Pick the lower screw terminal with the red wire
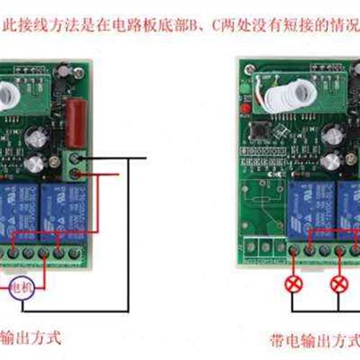point(75,174)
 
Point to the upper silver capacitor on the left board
point(38,137)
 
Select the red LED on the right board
point(245,108)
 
